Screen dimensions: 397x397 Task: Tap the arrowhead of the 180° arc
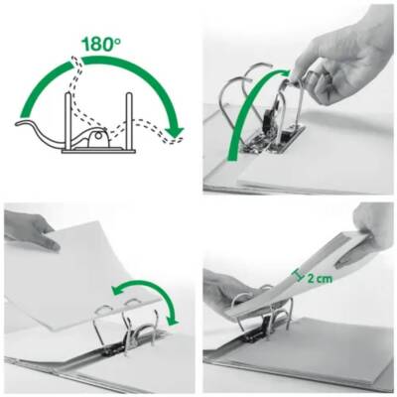point(175,131)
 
